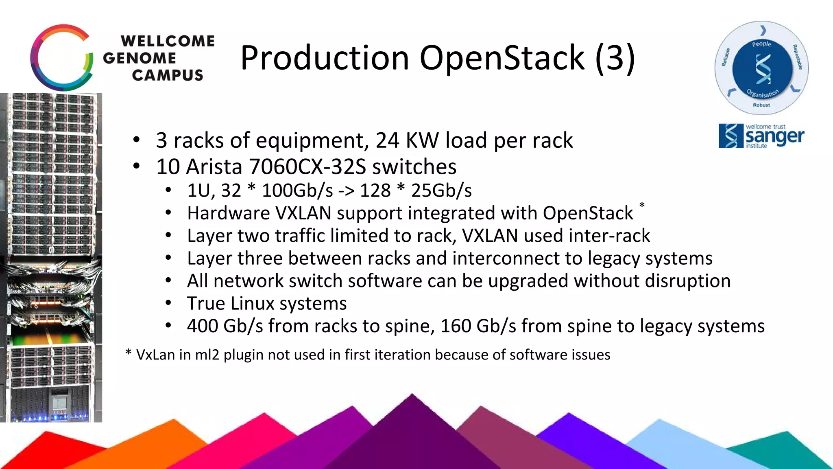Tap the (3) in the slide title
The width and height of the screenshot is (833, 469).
tap(615, 58)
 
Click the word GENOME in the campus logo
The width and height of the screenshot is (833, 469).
tap(140, 58)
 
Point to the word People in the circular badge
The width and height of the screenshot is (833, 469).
tap(761, 44)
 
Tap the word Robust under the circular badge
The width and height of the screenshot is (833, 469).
tap(761, 105)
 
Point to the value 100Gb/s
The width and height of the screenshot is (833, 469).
tap(297, 191)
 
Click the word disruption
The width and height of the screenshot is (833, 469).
tap(688, 281)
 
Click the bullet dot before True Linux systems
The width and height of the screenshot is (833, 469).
tap(168, 303)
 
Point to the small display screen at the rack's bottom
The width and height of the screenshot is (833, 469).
tap(59, 403)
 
